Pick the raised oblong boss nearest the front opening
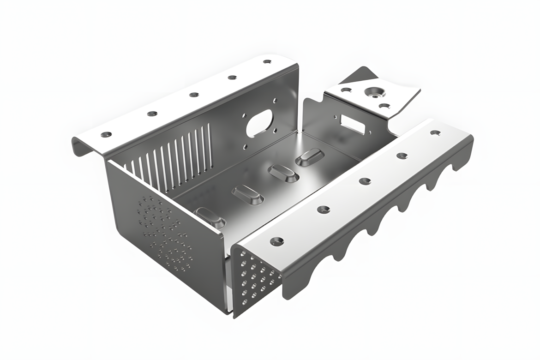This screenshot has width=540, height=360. tap(210, 217)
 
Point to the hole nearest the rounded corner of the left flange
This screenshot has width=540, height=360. tap(267, 61)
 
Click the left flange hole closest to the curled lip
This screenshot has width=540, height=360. tap(106, 134)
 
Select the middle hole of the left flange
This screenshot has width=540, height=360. tap(192, 95)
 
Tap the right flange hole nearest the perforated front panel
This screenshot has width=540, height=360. tap(277, 240)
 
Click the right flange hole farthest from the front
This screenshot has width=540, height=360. tap(435, 132)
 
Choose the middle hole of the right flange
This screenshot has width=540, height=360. tap(365, 180)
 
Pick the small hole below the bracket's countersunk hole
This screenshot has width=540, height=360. tap(383, 106)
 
